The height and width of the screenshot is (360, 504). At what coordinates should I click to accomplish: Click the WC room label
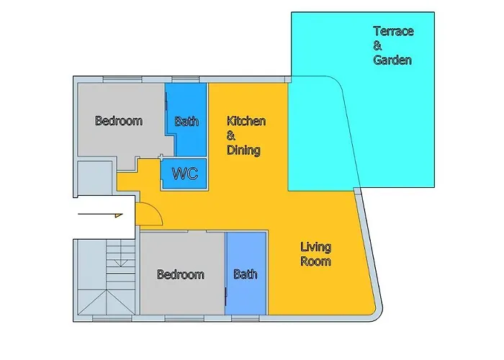[185, 174]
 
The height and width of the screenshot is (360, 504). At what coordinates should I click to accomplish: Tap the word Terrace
[393, 31]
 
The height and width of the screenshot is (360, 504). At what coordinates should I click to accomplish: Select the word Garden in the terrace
[392, 60]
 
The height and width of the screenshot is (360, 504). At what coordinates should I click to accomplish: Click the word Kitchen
[246, 121]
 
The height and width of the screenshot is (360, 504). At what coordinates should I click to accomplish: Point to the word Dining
[243, 150]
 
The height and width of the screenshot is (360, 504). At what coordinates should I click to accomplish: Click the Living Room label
[315, 254]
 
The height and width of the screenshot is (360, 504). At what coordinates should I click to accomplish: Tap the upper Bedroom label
[119, 121]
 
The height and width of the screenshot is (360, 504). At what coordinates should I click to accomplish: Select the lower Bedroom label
[180, 274]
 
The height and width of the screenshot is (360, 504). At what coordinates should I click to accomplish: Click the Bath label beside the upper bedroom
[186, 122]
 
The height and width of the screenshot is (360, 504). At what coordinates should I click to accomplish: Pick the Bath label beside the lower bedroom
[246, 274]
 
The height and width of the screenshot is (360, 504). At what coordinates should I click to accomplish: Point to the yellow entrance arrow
[100, 215]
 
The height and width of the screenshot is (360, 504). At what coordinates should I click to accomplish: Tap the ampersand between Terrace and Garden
[377, 45]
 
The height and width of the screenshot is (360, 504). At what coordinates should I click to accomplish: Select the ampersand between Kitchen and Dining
[231, 135]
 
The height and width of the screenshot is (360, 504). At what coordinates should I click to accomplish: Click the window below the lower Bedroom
[184, 318]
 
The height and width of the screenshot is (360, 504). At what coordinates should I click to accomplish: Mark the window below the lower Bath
[246, 318]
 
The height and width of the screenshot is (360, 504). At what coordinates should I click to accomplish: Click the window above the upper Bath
[186, 79]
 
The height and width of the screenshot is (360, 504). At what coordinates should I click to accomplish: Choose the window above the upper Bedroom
[122, 79]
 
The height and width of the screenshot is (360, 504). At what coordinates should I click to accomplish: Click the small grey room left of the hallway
[95, 178]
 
